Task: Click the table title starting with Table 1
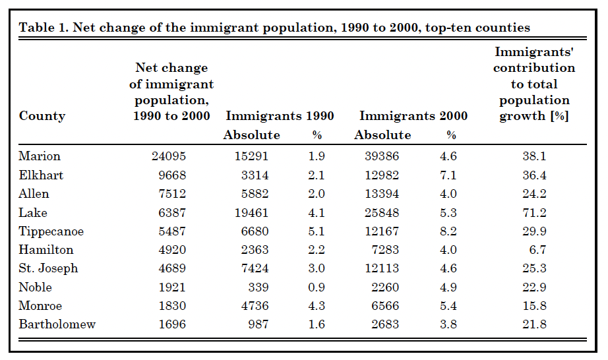click(274, 28)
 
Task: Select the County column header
click(42, 116)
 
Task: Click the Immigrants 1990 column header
click(280, 116)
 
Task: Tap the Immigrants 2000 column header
click(413, 116)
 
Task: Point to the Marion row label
click(40, 156)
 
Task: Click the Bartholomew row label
click(57, 324)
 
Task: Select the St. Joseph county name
click(49, 268)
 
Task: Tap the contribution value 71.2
click(534, 212)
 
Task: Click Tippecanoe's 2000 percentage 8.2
click(448, 231)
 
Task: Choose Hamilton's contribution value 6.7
click(537, 250)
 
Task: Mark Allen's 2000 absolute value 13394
click(382, 194)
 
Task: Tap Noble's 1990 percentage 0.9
click(317, 287)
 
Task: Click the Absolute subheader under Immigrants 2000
click(382, 135)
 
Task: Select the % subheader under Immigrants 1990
click(317, 135)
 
